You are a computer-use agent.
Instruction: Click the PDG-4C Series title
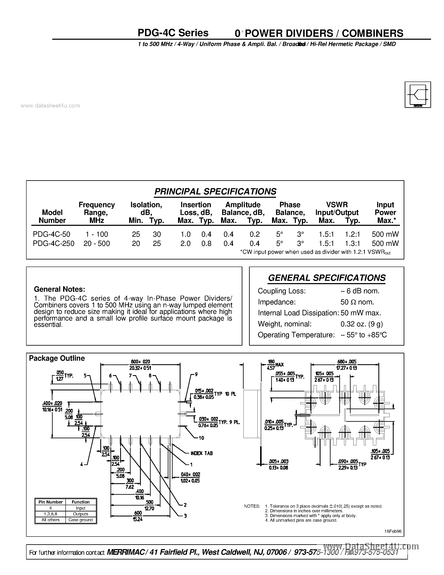click(x=173, y=33)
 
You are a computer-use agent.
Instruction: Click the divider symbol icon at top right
click(x=418, y=95)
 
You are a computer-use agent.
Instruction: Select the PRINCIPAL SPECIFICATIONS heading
click(x=215, y=191)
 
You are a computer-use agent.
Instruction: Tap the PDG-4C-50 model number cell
click(x=52, y=234)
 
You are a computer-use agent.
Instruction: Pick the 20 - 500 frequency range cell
click(x=97, y=243)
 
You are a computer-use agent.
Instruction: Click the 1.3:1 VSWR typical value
click(x=352, y=243)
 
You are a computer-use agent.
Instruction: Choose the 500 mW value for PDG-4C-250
click(x=385, y=243)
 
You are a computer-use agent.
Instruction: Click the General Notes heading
click(x=60, y=289)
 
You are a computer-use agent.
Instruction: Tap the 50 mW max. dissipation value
click(x=361, y=313)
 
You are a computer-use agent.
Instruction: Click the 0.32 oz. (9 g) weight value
click(x=362, y=324)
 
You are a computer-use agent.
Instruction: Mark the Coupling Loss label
click(x=281, y=291)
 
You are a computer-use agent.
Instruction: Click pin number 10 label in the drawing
click(x=201, y=438)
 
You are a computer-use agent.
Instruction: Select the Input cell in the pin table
click(x=80, y=508)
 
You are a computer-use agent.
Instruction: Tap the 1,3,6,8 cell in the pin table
click(x=51, y=514)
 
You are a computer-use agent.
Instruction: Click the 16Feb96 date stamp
click(x=393, y=531)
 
